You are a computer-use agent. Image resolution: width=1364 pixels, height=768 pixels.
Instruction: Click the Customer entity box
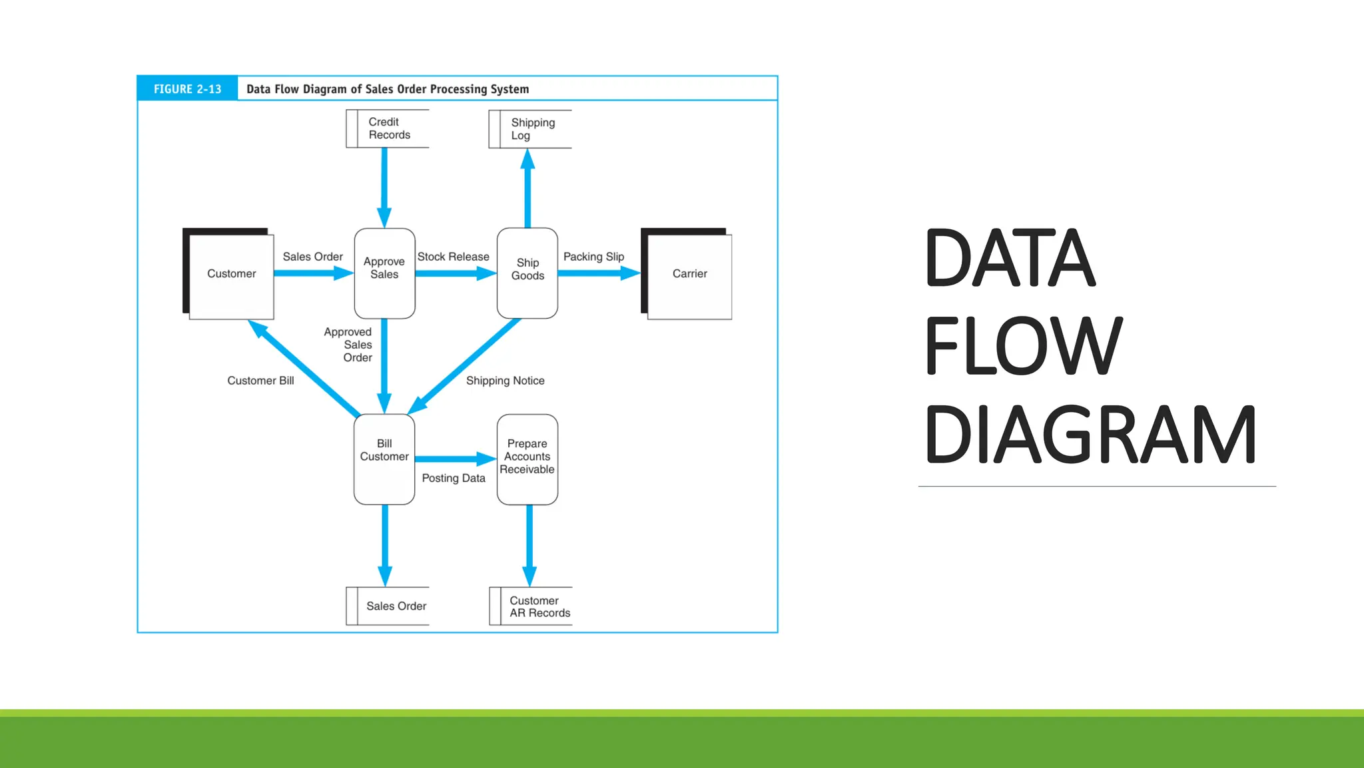[x=230, y=274]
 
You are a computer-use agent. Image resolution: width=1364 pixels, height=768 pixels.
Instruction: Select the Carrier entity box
[x=689, y=274]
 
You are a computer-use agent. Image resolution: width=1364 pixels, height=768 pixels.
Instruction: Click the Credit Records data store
[x=388, y=129]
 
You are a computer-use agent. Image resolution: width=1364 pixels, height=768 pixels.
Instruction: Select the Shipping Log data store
[x=531, y=129]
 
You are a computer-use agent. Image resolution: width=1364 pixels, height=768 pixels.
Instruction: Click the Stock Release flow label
[x=453, y=257]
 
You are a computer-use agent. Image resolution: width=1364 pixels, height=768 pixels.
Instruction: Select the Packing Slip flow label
[x=593, y=257]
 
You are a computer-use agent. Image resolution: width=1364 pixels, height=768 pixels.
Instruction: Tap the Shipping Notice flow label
[x=505, y=381]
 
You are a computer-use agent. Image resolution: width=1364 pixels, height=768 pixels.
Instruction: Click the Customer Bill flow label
[x=260, y=381]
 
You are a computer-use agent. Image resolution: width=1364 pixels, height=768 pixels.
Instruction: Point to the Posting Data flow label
[x=453, y=478]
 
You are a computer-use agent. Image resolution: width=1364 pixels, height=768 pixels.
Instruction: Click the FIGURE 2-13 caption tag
[x=187, y=89]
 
